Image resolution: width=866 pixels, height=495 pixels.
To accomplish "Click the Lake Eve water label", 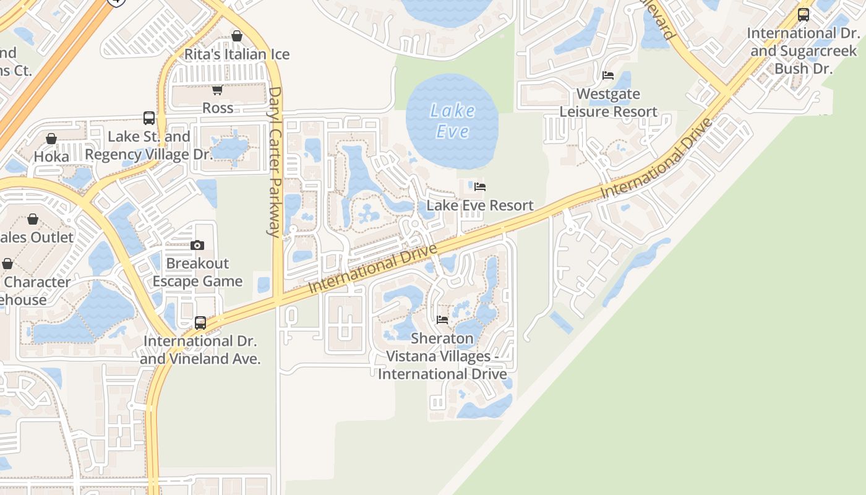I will (452, 121).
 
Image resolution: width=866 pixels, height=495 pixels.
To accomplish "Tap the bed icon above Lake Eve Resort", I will (480, 186).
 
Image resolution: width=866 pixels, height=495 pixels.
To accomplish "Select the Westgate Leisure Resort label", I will (609, 103).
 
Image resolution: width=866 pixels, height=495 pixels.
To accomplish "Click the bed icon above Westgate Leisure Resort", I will (608, 75).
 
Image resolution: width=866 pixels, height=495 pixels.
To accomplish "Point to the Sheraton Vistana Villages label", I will (442, 356).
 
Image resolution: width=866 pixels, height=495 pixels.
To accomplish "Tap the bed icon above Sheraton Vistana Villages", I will (442, 320).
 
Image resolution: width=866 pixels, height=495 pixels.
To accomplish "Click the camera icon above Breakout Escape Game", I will (197, 245).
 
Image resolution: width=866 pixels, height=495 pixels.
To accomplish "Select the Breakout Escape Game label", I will (197, 272).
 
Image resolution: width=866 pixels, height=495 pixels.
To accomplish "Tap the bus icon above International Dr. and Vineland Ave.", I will (200, 322).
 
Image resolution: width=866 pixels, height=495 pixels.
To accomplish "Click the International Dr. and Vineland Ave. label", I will (200, 350).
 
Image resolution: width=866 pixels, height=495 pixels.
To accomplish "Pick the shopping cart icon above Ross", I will (217, 90).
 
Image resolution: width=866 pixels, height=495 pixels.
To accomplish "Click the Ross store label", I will (218, 108).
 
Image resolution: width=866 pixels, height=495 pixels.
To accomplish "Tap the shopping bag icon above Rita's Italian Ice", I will (237, 36).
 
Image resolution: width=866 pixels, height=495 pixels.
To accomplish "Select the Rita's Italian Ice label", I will (237, 54).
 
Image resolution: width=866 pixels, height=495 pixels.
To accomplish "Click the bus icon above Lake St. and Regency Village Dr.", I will (149, 118).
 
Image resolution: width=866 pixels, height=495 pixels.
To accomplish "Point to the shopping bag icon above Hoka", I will (51, 139).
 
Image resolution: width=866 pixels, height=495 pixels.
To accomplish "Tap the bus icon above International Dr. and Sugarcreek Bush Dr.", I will (804, 14).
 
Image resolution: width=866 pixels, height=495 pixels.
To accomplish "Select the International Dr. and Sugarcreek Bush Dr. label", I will (804, 51).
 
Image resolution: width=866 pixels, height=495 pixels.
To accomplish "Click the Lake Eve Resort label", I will (480, 205).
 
